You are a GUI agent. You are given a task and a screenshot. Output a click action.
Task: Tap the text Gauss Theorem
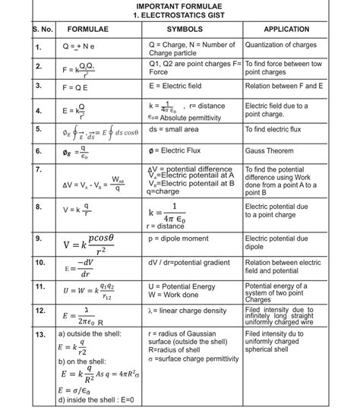coord(270,150)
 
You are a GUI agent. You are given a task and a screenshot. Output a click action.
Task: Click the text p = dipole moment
coord(178,238)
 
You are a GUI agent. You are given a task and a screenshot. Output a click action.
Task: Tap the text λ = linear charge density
coord(188,311)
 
